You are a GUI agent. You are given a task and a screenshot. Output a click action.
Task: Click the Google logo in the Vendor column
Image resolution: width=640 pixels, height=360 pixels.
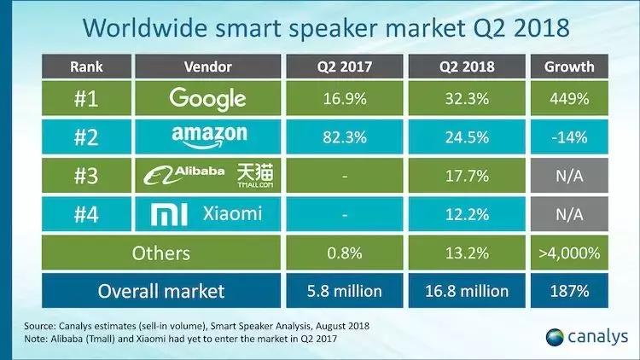tap(207, 99)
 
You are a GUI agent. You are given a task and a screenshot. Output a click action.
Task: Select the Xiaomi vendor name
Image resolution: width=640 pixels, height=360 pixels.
tap(233, 214)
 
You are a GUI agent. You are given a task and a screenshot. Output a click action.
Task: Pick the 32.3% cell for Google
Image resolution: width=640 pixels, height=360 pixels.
tap(466, 98)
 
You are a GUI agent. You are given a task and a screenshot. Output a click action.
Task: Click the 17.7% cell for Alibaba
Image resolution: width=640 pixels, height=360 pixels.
tap(466, 176)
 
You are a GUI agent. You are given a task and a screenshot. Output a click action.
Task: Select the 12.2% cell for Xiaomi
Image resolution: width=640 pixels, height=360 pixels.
tap(466, 214)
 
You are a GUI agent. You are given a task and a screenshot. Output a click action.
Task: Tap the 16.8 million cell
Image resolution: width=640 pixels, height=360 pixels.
tap(466, 291)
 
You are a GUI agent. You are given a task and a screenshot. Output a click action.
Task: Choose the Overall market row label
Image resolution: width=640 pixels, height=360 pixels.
tap(161, 291)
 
